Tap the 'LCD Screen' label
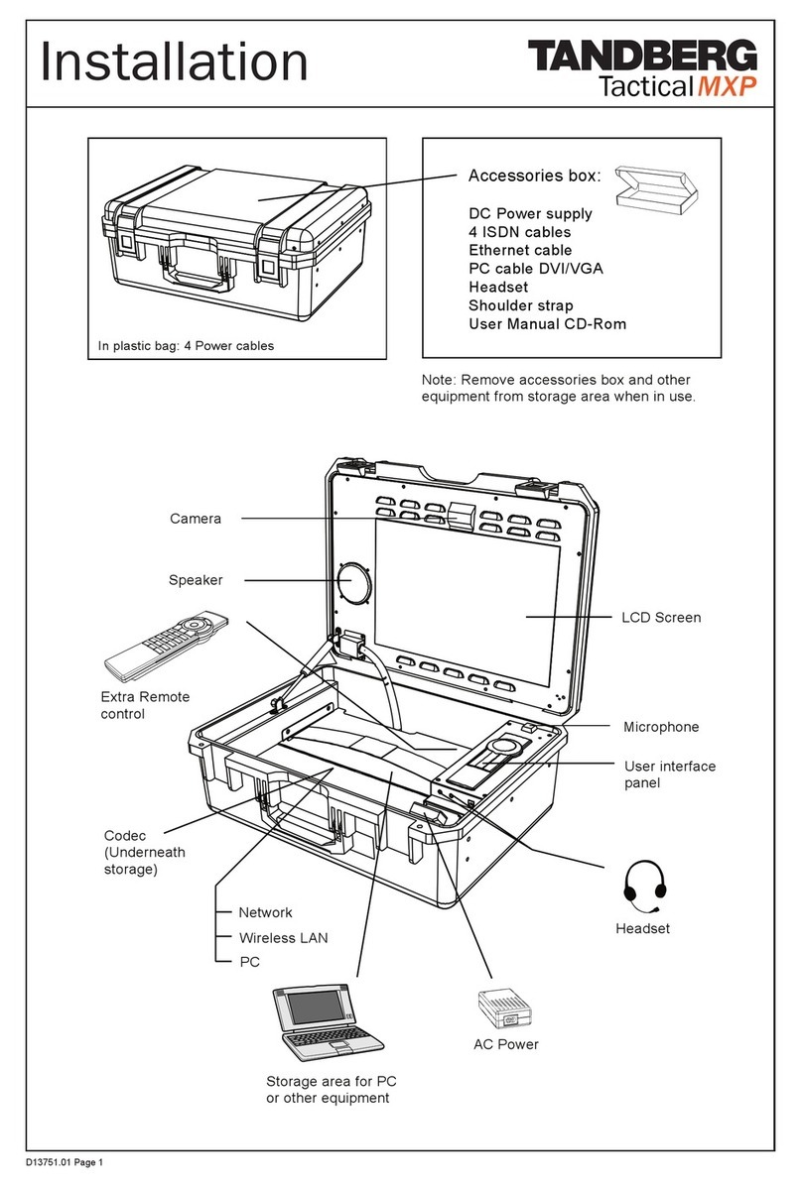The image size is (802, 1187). pyautogui.click(x=661, y=618)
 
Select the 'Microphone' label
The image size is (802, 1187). pyautogui.click(x=661, y=727)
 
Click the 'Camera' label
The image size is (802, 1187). pyautogui.click(x=195, y=519)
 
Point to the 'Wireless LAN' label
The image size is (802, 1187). pyautogui.click(x=283, y=937)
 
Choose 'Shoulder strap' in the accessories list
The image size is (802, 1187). pyautogui.click(x=521, y=305)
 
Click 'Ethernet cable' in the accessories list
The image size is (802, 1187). pyautogui.click(x=520, y=251)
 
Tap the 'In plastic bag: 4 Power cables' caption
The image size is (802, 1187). pyautogui.click(x=186, y=346)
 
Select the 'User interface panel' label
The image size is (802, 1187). pyautogui.click(x=669, y=774)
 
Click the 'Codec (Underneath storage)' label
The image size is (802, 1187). pyautogui.click(x=145, y=852)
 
